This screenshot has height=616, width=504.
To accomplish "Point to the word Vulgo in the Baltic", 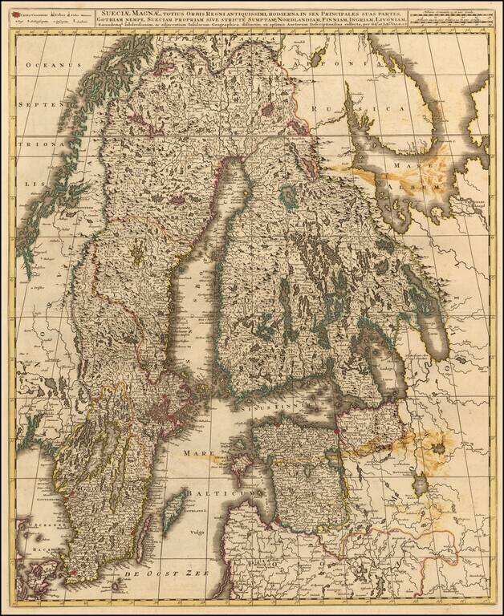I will tap(199, 532).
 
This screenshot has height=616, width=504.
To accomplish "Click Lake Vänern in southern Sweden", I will tap(92, 449).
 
